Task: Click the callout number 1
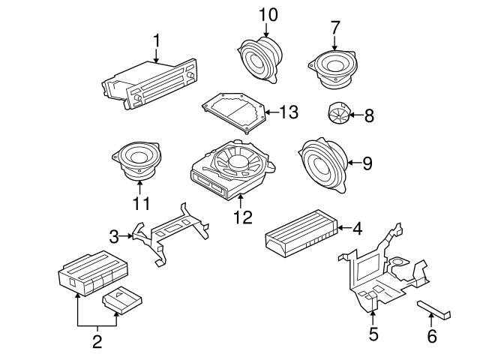(x=157, y=39)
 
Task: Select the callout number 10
(x=268, y=14)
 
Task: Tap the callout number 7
(x=334, y=27)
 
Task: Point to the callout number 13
(x=289, y=112)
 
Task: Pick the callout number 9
(x=367, y=163)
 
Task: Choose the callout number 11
(x=141, y=202)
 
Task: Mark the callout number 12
(x=242, y=217)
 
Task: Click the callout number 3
(x=113, y=237)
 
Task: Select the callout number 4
(x=358, y=229)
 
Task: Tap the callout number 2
(x=97, y=343)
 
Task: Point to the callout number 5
(x=373, y=334)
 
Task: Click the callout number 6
(x=431, y=336)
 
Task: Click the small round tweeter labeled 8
(x=338, y=115)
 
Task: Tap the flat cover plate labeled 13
(x=234, y=112)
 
